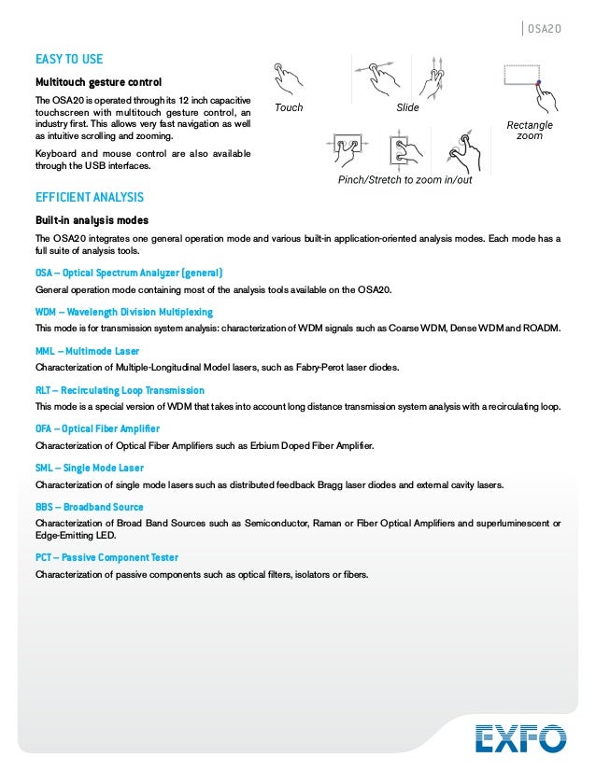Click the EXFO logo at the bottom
coord(520,737)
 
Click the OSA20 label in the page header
coord(544,29)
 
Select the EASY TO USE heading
coord(69,59)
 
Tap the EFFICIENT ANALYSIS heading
coord(90,197)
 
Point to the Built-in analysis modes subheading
coord(92,220)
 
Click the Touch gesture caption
coord(289,108)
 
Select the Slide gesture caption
coord(407,108)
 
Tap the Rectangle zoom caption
coord(530,130)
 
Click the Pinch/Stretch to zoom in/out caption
coord(404,179)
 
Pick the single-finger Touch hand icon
coord(289,77)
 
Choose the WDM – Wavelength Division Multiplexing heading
coord(124,312)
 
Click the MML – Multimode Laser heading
coord(87,351)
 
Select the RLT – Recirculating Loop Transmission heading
coord(120,390)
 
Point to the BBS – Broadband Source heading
coord(90,507)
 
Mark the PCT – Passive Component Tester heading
coord(106,557)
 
